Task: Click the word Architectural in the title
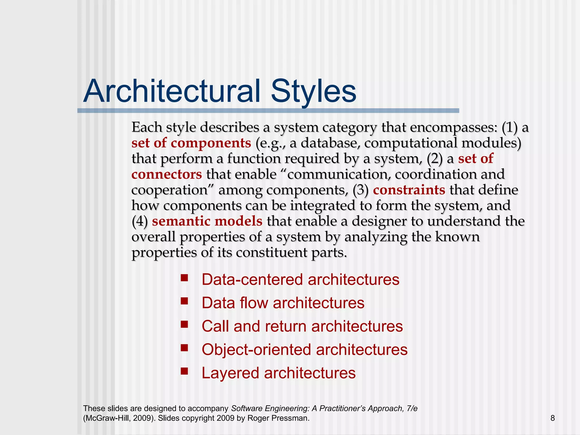(172, 91)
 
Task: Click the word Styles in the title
(313, 91)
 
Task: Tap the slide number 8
(553, 418)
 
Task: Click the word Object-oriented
(256, 349)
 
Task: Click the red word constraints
(409, 190)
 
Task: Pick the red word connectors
(167, 174)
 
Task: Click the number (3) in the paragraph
(361, 190)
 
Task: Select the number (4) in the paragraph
(140, 221)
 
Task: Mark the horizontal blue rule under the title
(268, 111)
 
